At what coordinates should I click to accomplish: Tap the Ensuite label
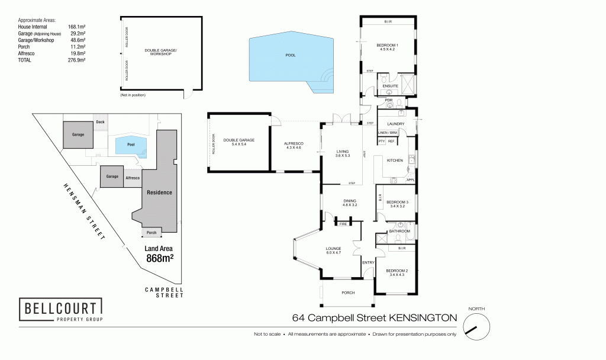[x=390, y=86]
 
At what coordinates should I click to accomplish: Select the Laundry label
[x=396, y=124]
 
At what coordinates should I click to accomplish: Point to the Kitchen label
[x=395, y=160]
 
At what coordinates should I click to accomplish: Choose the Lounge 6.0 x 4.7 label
[x=334, y=250]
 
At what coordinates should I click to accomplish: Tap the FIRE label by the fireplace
[x=343, y=224]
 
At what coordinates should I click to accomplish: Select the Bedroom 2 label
[x=398, y=272]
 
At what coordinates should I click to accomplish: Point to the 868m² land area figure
[x=159, y=258]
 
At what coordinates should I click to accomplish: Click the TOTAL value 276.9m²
[x=77, y=60]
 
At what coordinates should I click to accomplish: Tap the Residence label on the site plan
[x=159, y=192]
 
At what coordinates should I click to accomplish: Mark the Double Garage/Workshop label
[x=161, y=52]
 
